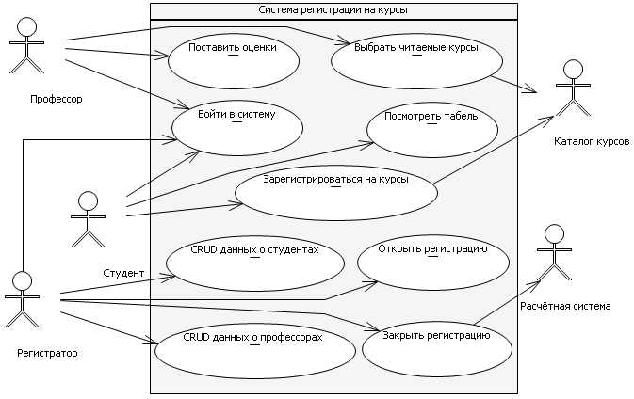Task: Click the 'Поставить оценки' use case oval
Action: (x=233, y=58)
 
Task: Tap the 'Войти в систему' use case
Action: (x=236, y=124)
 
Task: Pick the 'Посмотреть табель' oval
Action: (x=432, y=127)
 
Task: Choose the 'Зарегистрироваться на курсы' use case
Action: (x=336, y=191)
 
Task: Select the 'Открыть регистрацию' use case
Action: (x=433, y=261)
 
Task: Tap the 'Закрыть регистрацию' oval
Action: (x=437, y=345)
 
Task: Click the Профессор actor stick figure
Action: (x=27, y=44)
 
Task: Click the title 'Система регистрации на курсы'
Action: (x=333, y=9)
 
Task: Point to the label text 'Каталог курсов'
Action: (x=593, y=141)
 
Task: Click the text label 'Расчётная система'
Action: (x=565, y=306)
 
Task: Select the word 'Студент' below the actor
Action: (x=123, y=273)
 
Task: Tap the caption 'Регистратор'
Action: (x=47, y=353)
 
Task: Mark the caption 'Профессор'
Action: (x=57, y=99)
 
